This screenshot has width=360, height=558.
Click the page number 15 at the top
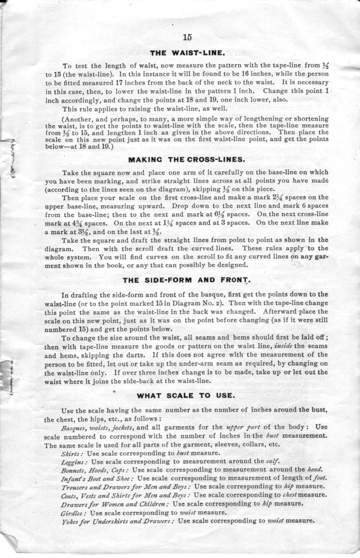click(187, 37)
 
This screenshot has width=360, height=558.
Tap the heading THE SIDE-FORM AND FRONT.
click(186, 280)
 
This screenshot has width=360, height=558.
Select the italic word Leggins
click(73, 462)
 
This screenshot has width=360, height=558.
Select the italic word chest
click(292, 495)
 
